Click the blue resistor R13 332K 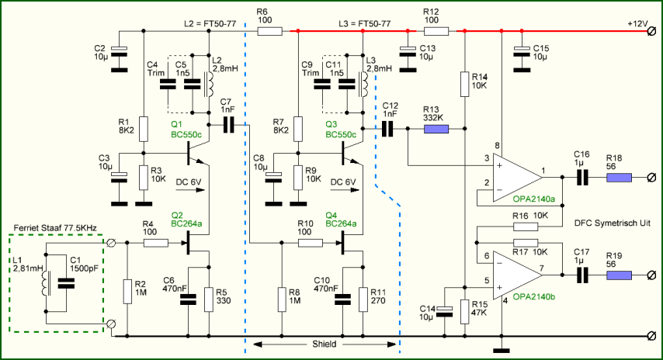tap(436, 129)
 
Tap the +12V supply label tap(637, 23)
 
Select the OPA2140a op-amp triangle tap(518, 178)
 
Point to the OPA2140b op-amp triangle tap(518, 275)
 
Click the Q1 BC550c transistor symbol tap(196, 154)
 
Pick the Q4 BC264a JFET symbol tap(349, 243)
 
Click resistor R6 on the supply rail tap(269, 31)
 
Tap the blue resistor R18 tap(619, 178)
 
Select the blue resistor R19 tap(619, 275)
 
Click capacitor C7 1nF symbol tap(228, 125)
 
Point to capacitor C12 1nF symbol tap(387, 129)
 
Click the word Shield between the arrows tap(325, 344)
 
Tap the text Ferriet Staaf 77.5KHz tap(55, 228)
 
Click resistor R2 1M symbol tap(127, 291)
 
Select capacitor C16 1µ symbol tap(583, 178)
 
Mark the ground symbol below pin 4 tap(502, 350)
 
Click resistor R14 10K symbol tap(465, 84)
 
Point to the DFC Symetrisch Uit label tap(613, 223)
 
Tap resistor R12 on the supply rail tap(436, 31)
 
